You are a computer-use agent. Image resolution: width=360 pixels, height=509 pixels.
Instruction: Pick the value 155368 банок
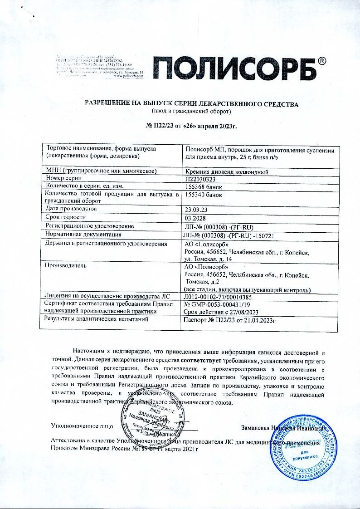click(x=204, y=186)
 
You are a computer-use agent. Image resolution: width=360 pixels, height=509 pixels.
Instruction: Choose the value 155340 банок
click(x=204, y=195)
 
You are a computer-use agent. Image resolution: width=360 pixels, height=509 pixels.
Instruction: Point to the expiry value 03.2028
click(x=195, y=219)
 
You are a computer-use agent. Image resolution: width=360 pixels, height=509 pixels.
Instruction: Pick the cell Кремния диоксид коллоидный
click(x=228, y=171)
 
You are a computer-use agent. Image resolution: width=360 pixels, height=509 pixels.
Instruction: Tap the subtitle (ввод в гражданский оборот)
click(x=191, y=111)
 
